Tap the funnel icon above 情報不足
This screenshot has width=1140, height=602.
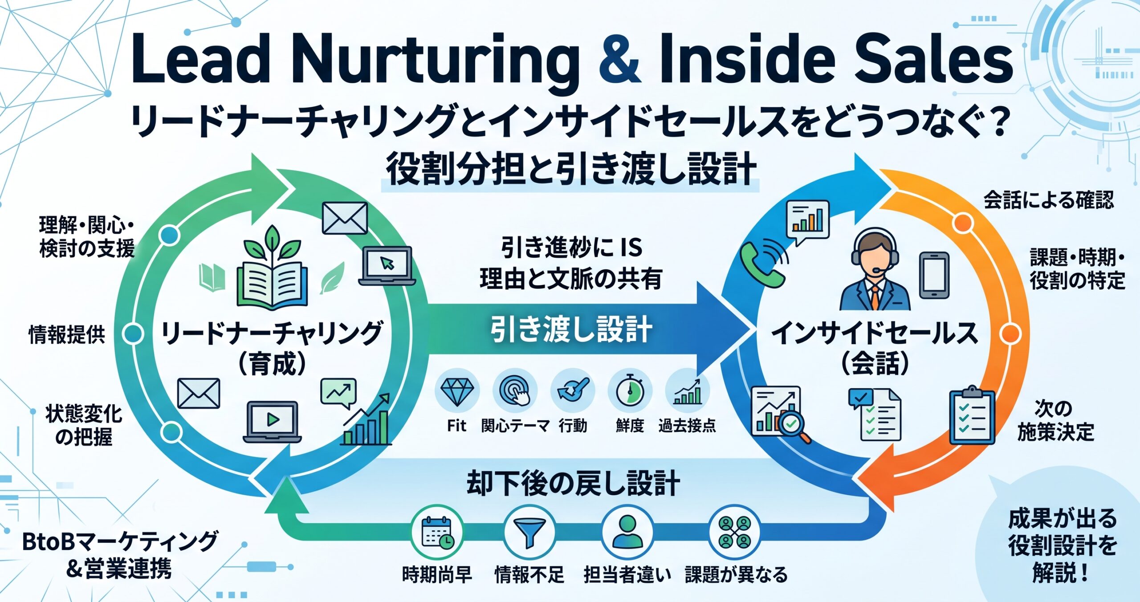point(530,532)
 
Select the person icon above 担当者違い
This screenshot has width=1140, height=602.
point(627,532)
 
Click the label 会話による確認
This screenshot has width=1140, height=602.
point(1048,200)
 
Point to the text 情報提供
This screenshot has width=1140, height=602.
point(67,334)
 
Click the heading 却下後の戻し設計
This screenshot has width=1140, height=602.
point(573,483)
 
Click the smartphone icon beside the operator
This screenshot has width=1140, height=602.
point(934,275)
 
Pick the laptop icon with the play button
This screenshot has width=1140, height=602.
point(272,421)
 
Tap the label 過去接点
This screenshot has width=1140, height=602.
point(687,426)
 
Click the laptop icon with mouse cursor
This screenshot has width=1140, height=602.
point(387,266)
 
